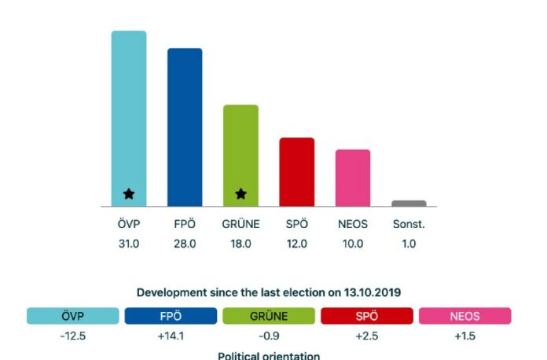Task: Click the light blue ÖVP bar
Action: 129,110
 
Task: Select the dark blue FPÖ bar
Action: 185,126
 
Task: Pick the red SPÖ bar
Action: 297,171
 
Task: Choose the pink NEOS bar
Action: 353,178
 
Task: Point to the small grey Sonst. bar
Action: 409,204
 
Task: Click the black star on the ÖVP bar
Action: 129,193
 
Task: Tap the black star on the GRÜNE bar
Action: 241,193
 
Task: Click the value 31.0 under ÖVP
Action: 129,244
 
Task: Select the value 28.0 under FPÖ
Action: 185,244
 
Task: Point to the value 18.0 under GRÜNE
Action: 240,244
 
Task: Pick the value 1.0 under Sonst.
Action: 409,244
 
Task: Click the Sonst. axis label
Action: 409,225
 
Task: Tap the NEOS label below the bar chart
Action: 353,225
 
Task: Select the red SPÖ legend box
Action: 366,316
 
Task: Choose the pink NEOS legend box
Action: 464,316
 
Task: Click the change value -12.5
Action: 72,336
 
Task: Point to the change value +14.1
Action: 170,336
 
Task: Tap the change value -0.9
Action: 268,336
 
